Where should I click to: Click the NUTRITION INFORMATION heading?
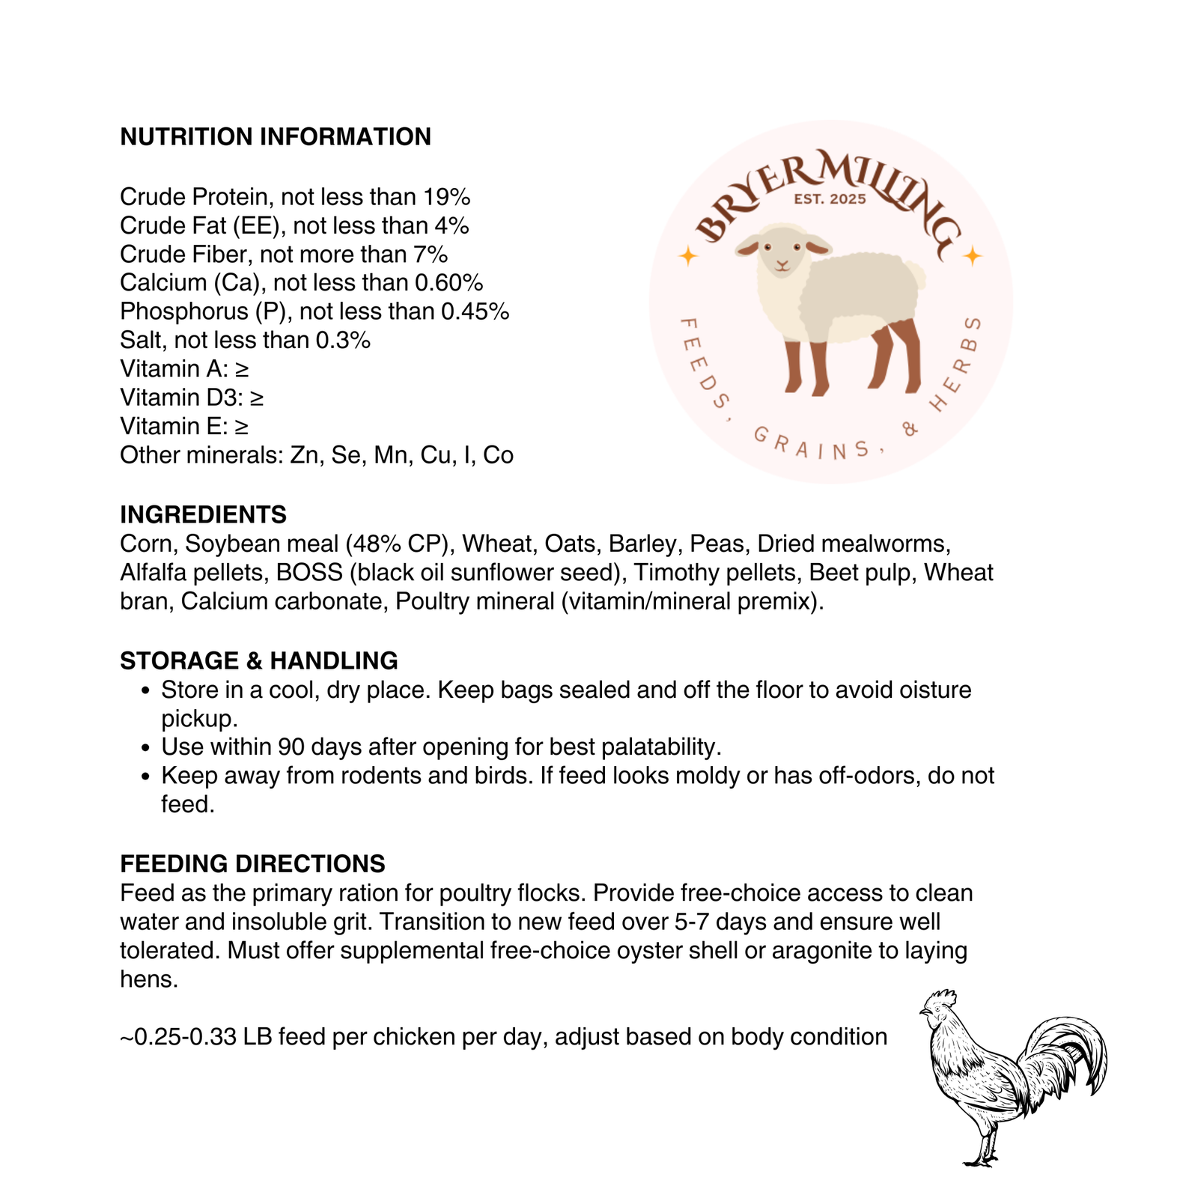276,137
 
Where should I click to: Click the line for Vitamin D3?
192,398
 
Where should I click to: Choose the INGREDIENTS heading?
203,514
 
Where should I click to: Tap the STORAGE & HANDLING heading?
258,660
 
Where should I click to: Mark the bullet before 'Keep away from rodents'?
146,776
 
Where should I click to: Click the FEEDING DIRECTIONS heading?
252,863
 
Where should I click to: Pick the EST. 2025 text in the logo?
830,199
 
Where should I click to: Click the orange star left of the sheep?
687,257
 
